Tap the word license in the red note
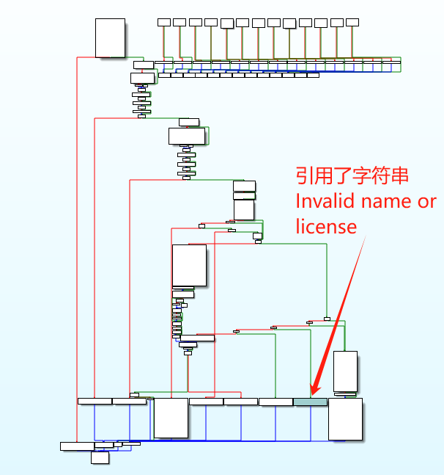[x=326, y=226]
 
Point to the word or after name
[x=427, y=201]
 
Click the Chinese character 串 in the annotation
[x=398, y=176]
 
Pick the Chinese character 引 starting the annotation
[x=306, y=176]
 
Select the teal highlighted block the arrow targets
[x=310, y=402]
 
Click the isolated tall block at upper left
[x=110, y=38]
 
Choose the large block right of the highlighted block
[x=345, y=419]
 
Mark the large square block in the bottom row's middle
[x=171, y=418]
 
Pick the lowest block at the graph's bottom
[x=100, y=457]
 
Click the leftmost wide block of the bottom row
[x=95, y=401]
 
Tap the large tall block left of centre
[x=189, y=265]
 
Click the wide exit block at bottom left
[x=77, y=446]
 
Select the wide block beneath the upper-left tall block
[x=144, y=65]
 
